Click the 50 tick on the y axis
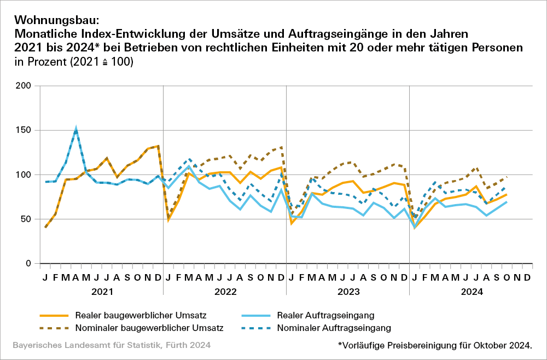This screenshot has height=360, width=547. (x=26, y=219)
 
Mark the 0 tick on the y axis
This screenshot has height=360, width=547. (x=28, y=264)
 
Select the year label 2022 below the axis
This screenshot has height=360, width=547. (x=225, y=292)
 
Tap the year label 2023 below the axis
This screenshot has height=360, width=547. (x=348, y=292)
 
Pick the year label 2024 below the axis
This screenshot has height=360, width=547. (x=471, y=292)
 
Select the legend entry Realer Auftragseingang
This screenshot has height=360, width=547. (x=326, y=315)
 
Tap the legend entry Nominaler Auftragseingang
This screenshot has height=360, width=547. (x=334, y=328)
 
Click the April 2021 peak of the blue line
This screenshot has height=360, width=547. (x=76, y=129)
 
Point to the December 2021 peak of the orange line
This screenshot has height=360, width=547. (x=158, y=146)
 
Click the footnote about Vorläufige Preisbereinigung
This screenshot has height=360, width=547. (x=435, y=346)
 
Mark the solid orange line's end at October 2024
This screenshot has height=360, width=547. (x=507, y=195)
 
